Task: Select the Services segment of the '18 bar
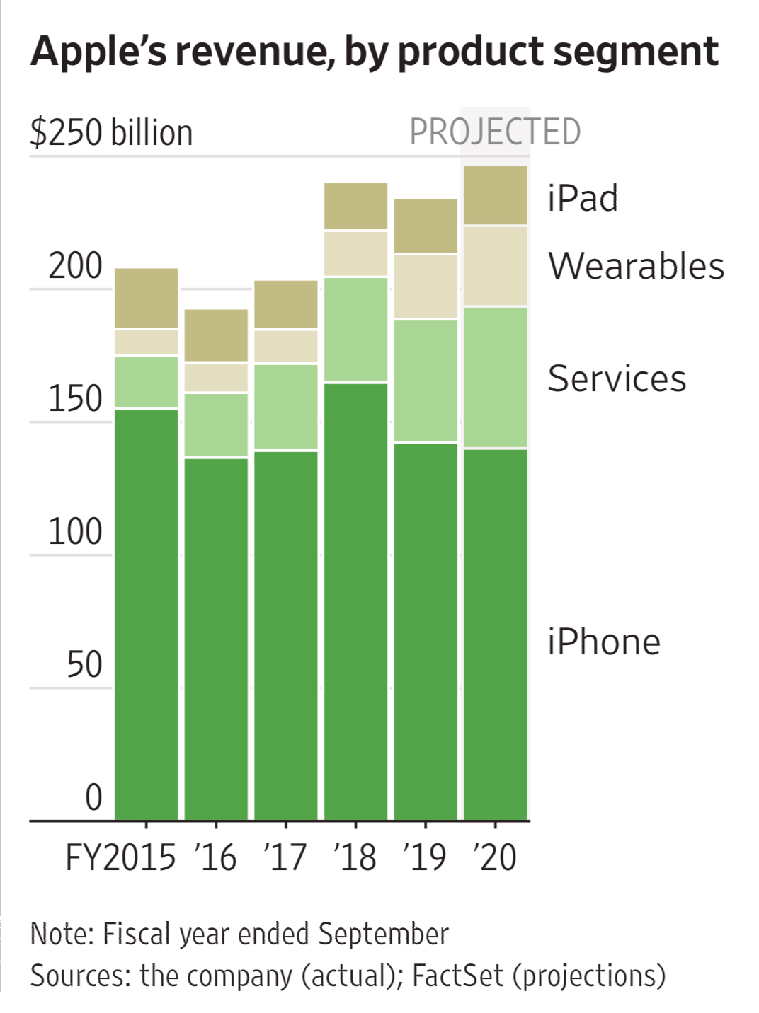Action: tap(355, 330)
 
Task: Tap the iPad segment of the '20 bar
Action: tap(495, 195)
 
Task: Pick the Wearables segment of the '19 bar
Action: tap(425, 286)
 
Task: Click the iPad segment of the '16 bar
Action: tap(216, 335)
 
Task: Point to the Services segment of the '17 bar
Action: tap(285, 407)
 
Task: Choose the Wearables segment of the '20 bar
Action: tap(495, 266)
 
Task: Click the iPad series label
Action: tap(583, 198)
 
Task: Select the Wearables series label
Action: tap(636, 267)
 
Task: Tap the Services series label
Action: tap(617, 378)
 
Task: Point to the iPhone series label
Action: tap(603, 642)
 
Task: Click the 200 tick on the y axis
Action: tap(75, 267)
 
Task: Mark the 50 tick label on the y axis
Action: tap(84, 665)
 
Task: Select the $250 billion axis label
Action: tap(111, 133)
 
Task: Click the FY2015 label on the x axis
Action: tap(120, 857)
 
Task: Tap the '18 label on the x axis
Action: tap(355, 857)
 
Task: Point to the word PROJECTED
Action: tap(495, 132)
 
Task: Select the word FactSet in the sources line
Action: tap(457, 976)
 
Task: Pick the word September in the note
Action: tap(383, 934)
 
